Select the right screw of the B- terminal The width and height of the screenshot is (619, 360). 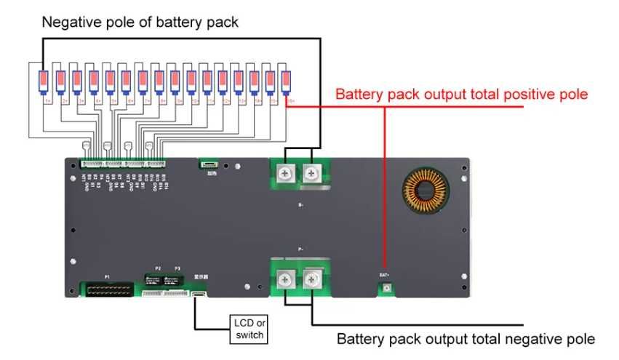tap(313, 173)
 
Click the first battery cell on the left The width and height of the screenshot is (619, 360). tap(43, 81)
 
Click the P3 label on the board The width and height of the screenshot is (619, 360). tap(176, 268)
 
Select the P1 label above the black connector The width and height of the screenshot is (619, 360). tap(107, 277)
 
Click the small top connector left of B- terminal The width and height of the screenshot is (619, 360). tap(210, 165)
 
